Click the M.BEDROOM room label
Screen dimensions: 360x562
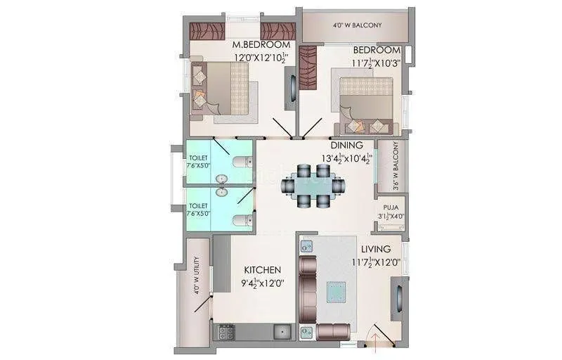[261, 46]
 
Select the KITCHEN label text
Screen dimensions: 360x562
[262, 270]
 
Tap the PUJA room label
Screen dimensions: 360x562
[391, 208]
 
